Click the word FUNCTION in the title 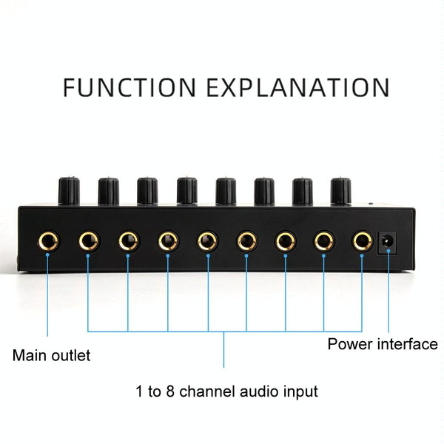(x=127, y=87)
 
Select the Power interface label (x=383, y=344)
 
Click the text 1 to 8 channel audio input (x=227, y=391)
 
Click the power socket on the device (x=387, y=241)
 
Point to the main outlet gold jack (x=48, y=240)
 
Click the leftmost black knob (x=69, y=191)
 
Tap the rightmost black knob (x=341, y=191)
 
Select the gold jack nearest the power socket (x=362, y=240)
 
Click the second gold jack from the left (x=88, y=240)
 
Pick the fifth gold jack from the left (x=206, y=240)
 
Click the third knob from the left (x=147, y=191)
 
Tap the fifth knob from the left (x=225, y=191)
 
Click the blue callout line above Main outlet (x=48, y=296)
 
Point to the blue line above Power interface (x=387, y=296)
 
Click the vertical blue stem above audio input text (x=224, y=348)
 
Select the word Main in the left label (x=29, y=355)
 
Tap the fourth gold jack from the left (x=167, y=240)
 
